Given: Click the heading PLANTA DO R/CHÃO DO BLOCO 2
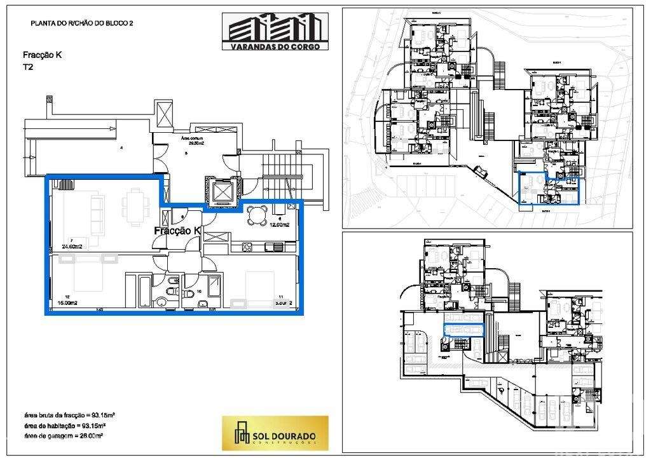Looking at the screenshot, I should coord(81,23).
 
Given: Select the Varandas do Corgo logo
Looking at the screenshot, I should coord(275,31).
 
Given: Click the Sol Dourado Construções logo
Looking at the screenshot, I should coord(275,433).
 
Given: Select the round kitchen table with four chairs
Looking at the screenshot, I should coord(256,215).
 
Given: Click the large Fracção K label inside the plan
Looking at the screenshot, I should coord(177,231).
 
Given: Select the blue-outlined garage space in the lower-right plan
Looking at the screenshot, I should coord(463,328).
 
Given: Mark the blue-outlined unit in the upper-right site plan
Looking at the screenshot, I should coord(551,189).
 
